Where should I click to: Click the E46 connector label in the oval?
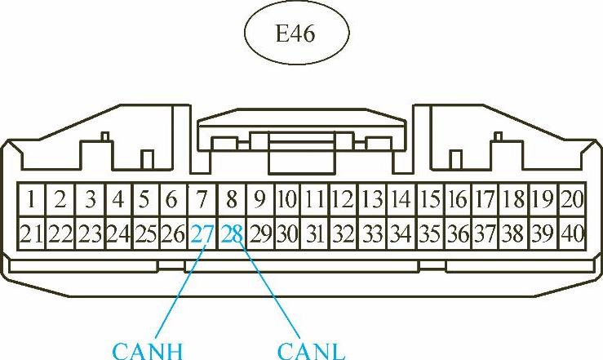[297, 35]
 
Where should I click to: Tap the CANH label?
[146, 352]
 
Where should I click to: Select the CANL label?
[312, 352]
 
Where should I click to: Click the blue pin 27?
[202, 235]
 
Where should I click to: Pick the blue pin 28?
[232, 235]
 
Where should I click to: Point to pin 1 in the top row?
[30, 198]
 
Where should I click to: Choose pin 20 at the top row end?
[573, 198]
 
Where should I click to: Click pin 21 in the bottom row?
[31, 235]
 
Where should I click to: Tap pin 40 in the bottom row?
[573, 235]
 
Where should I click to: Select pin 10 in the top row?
[286, 198]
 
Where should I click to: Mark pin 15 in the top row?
[430, 198]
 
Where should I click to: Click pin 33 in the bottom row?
[372, 235]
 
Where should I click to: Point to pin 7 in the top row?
[202, 198]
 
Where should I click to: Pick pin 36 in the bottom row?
[458, 235]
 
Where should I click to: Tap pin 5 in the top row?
[144, 198]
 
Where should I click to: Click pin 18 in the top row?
[514, 198]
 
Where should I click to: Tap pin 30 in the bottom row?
[286, 235]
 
